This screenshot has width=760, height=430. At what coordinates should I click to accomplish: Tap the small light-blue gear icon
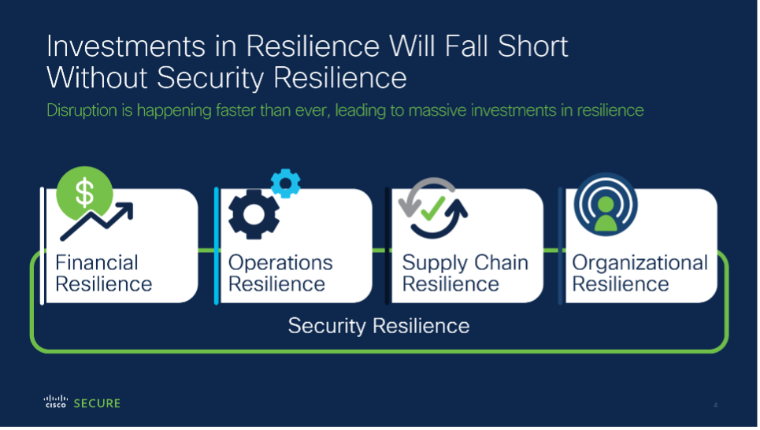coord(285,183)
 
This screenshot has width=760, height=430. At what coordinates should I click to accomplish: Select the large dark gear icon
coord(254,214)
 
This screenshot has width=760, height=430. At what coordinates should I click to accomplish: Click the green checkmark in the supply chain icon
coord(433,209)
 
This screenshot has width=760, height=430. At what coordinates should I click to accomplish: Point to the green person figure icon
coord(606,213)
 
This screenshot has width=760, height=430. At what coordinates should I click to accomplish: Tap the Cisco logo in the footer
coord(56,402)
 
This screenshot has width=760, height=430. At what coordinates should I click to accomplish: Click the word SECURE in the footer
coord(97,403)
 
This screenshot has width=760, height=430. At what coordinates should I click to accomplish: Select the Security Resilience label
coord(379,326)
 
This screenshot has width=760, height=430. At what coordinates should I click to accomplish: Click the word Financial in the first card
coord(96,263)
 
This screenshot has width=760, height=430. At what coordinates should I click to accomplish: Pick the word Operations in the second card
coord(280,263)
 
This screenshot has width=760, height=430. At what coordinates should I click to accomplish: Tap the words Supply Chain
coord(465,264)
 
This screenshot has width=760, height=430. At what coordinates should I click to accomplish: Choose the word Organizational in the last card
coord(640,264)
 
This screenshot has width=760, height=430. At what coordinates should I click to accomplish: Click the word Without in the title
coord(97,77)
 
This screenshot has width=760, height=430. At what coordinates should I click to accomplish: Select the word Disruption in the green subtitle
coord(82,111)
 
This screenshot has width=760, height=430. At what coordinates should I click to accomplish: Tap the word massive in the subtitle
coord(437,110)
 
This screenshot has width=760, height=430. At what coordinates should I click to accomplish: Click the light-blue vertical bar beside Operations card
coord(216,246)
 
